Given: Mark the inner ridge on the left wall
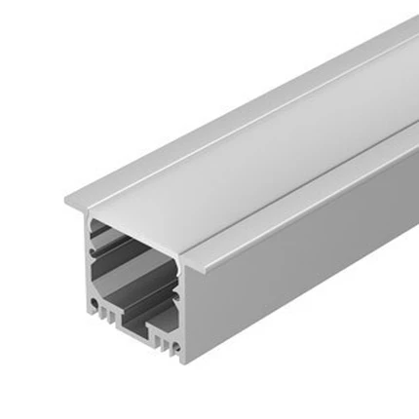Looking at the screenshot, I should [95, 262].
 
